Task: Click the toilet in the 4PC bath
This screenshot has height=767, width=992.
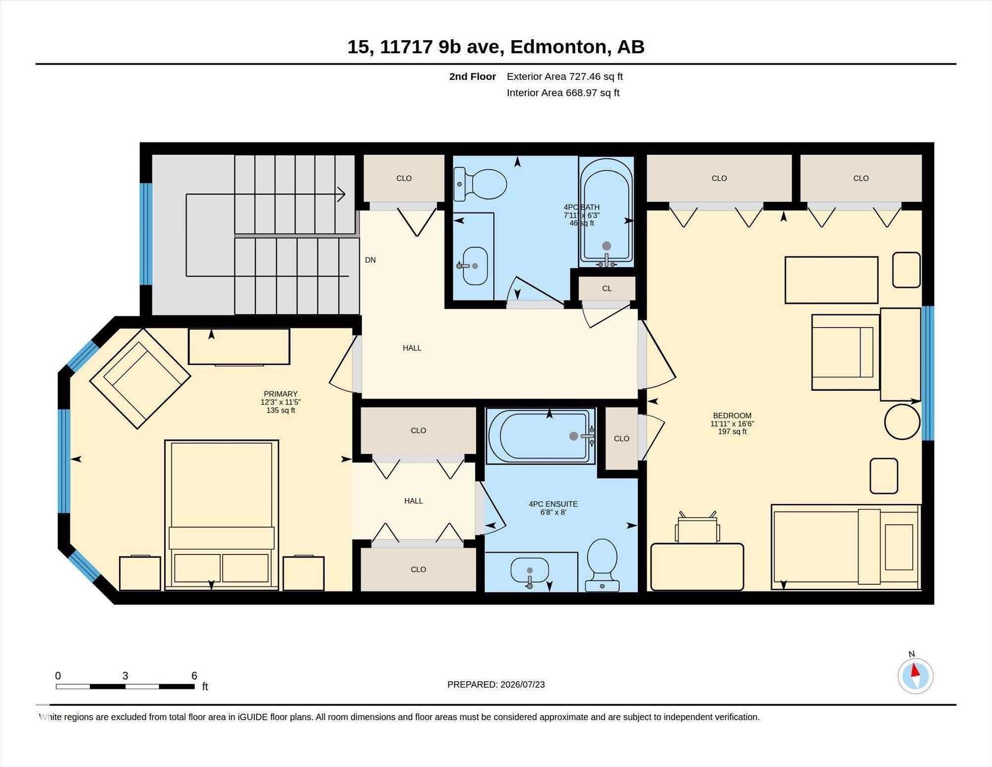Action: pos(480,184)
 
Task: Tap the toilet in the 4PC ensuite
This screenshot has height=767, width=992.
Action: pos(602,565)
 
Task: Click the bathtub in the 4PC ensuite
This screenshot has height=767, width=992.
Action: pos(541,436)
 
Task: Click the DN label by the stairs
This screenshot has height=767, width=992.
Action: pos(371,260)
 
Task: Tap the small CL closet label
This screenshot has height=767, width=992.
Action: pos(607,288)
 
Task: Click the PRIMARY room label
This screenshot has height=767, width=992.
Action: pos(281,394)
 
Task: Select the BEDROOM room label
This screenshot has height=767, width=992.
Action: pos(732,416)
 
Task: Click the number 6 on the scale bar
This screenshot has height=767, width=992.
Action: pos(194,676)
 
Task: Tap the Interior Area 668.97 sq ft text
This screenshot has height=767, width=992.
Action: pos(563,93)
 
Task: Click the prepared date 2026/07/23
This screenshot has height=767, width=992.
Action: pos(523,685)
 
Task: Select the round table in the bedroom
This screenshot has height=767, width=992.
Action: pos(902,422)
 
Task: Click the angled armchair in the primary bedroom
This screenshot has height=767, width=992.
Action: pos(140,378)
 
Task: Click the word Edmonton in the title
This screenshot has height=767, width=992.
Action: pos(558,47)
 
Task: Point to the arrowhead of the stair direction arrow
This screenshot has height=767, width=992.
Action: pos(342,195)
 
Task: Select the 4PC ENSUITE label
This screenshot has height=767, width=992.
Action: pos(553,504)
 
